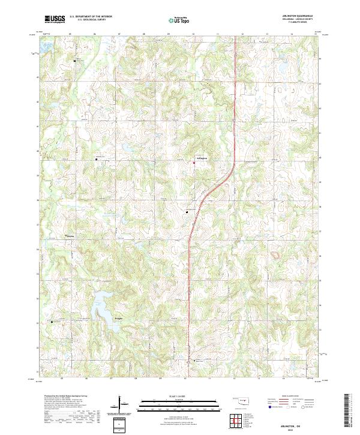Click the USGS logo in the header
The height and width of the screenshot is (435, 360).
(55, 19)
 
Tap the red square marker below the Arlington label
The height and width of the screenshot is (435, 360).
(194, 163)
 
